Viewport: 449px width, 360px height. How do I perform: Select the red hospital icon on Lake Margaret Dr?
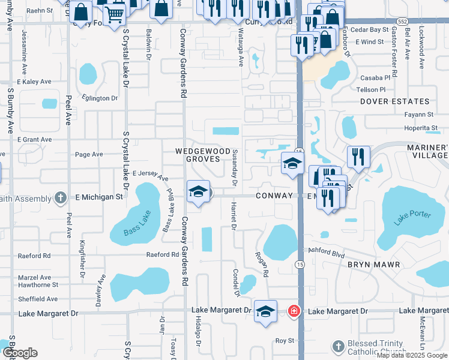[x=294, y=311]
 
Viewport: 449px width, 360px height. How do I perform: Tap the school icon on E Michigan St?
[x=198, y=191]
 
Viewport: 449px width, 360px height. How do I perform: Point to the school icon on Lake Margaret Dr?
[x=265, y=311]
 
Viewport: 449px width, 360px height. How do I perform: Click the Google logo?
[x=19, y=353]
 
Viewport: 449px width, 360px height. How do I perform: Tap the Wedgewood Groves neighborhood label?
[x=202, y=154]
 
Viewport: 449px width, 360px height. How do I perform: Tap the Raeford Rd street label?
[x=163, y=254]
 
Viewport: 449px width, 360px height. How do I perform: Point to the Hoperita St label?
[x=420, y=128]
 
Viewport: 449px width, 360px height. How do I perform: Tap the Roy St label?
[x=284, y=340]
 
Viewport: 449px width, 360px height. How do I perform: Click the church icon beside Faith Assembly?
[x=59, y=197]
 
